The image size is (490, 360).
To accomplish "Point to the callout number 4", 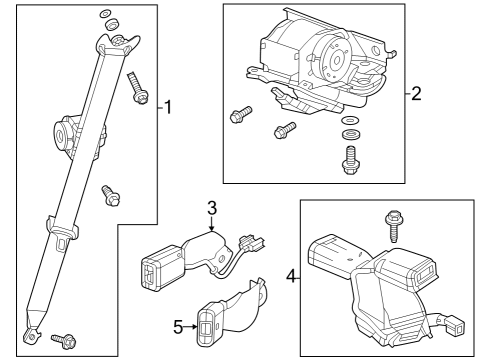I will pyautogui.click(x=291, y=272).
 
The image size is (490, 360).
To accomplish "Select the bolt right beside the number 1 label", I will pyautogui.click(x=138, y=91).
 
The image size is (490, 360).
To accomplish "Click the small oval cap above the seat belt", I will pyautogui.click(x=107, y=13).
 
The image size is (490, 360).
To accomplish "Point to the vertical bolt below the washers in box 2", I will pyautogui.click(x=351, y=157).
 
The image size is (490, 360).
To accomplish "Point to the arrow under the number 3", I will pyautogui.click(x=211, y=225).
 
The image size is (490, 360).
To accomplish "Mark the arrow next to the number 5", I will pyautogui.click(x=192, y=324).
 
